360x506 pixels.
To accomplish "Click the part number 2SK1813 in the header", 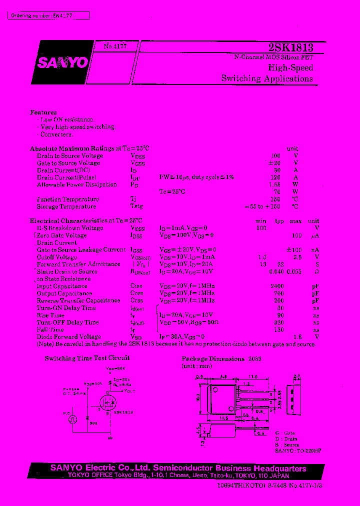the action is [291, 47].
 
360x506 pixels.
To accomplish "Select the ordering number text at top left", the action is [48, 16].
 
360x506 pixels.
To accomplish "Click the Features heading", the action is [43, 112].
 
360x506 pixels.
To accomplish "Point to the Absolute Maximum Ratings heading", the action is [89, 148].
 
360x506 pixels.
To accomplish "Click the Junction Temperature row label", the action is [68, 199].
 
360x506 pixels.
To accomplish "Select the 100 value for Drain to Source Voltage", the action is [275, 156].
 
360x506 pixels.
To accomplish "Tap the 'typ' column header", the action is [279, 221].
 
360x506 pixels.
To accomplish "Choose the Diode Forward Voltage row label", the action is [69, 337].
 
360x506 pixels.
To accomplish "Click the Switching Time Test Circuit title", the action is [87, 358].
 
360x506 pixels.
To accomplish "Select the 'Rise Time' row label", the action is [50, 315].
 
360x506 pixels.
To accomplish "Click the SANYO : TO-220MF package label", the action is [298, 450].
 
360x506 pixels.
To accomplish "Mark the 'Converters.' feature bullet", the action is [56, 134].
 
